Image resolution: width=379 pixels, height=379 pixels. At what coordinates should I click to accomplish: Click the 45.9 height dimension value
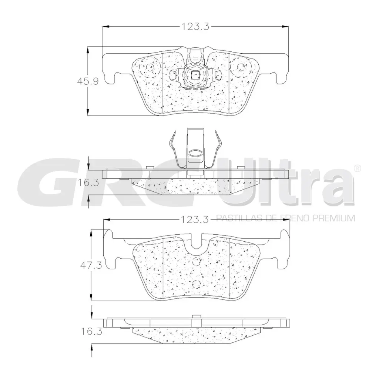coord(88,81)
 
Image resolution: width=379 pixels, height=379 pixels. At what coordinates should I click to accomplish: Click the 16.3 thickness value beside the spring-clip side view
coord(88,182)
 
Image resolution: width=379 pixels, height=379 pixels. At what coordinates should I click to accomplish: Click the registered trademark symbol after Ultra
coord(357,168)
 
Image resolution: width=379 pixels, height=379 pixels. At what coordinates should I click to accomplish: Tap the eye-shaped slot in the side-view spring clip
coord(195,152)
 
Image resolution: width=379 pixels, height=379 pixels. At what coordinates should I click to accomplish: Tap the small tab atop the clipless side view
coord(195,316)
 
